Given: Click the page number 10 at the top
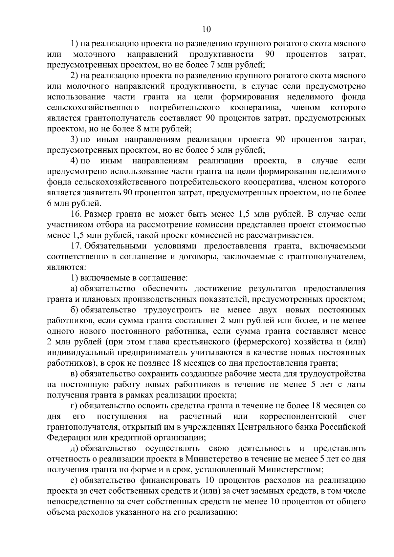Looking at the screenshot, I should click(207, 29).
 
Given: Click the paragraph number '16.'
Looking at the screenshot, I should click(76, 214).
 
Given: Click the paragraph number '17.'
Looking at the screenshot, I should click(76, 246).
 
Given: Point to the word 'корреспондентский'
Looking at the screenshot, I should click(298, 417).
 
